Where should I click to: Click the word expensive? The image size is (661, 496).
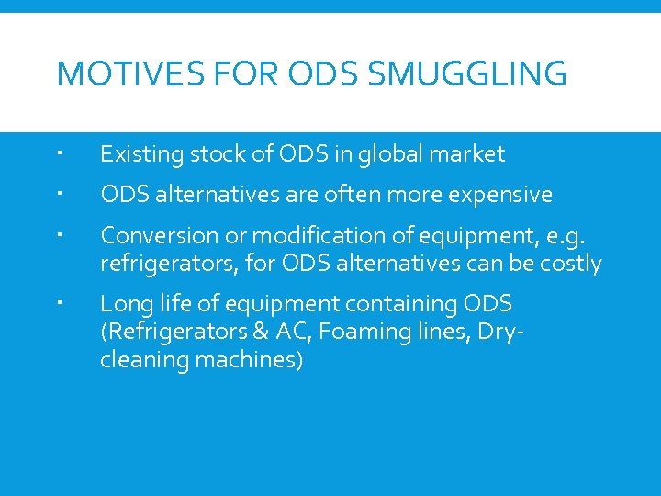coord(499,195)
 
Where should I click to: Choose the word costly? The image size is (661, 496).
coord(568,264)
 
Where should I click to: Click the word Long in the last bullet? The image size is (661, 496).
coord(122,303)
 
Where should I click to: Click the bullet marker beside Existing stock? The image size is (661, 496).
coord(59,154)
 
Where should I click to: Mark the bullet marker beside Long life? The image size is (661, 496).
coord(59,303)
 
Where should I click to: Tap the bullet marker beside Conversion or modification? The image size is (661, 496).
coord(59,237)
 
